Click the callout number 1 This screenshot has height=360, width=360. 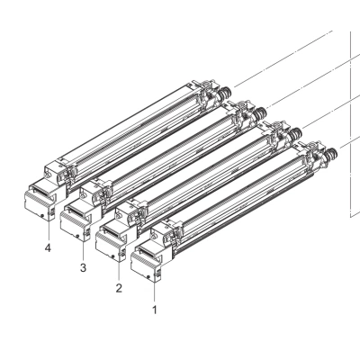coord(155,310)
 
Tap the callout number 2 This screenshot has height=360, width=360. coord(119,288)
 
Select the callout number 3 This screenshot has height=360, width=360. coord(83,267)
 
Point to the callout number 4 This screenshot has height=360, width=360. coord(48,247)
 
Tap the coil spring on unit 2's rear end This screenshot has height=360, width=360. coord(295,133)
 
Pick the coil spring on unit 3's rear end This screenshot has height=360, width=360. coord(260,113)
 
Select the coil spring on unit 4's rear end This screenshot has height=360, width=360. coord(225,93)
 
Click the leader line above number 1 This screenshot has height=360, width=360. coord(155,292)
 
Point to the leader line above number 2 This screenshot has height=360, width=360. coord(119,271)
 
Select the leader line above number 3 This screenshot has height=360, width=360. coord(84,250)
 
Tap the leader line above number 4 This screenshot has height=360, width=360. coord(48,230)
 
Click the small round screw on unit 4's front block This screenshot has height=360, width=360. coord(42,215)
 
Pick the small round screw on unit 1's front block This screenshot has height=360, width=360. coord(149,276)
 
